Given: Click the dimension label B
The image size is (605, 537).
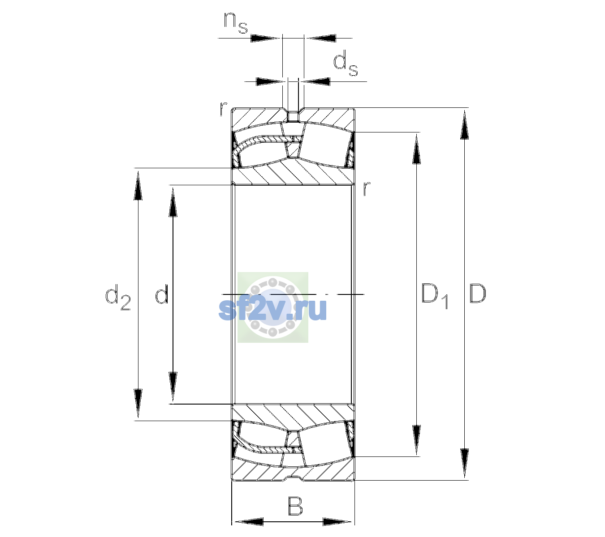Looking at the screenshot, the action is coord(295,506).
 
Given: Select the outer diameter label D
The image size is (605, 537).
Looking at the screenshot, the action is coord(478,294).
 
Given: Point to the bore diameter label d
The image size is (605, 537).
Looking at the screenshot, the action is coord(162,294).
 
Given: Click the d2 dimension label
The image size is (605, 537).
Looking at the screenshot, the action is coord(118,297).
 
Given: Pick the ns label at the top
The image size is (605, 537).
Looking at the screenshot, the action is coord(236,23).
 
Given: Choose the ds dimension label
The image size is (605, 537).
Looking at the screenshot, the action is coord(345,63).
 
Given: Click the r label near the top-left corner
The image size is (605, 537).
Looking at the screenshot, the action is coord(223,109).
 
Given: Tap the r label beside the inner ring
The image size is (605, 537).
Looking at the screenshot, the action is coord(367,188).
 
